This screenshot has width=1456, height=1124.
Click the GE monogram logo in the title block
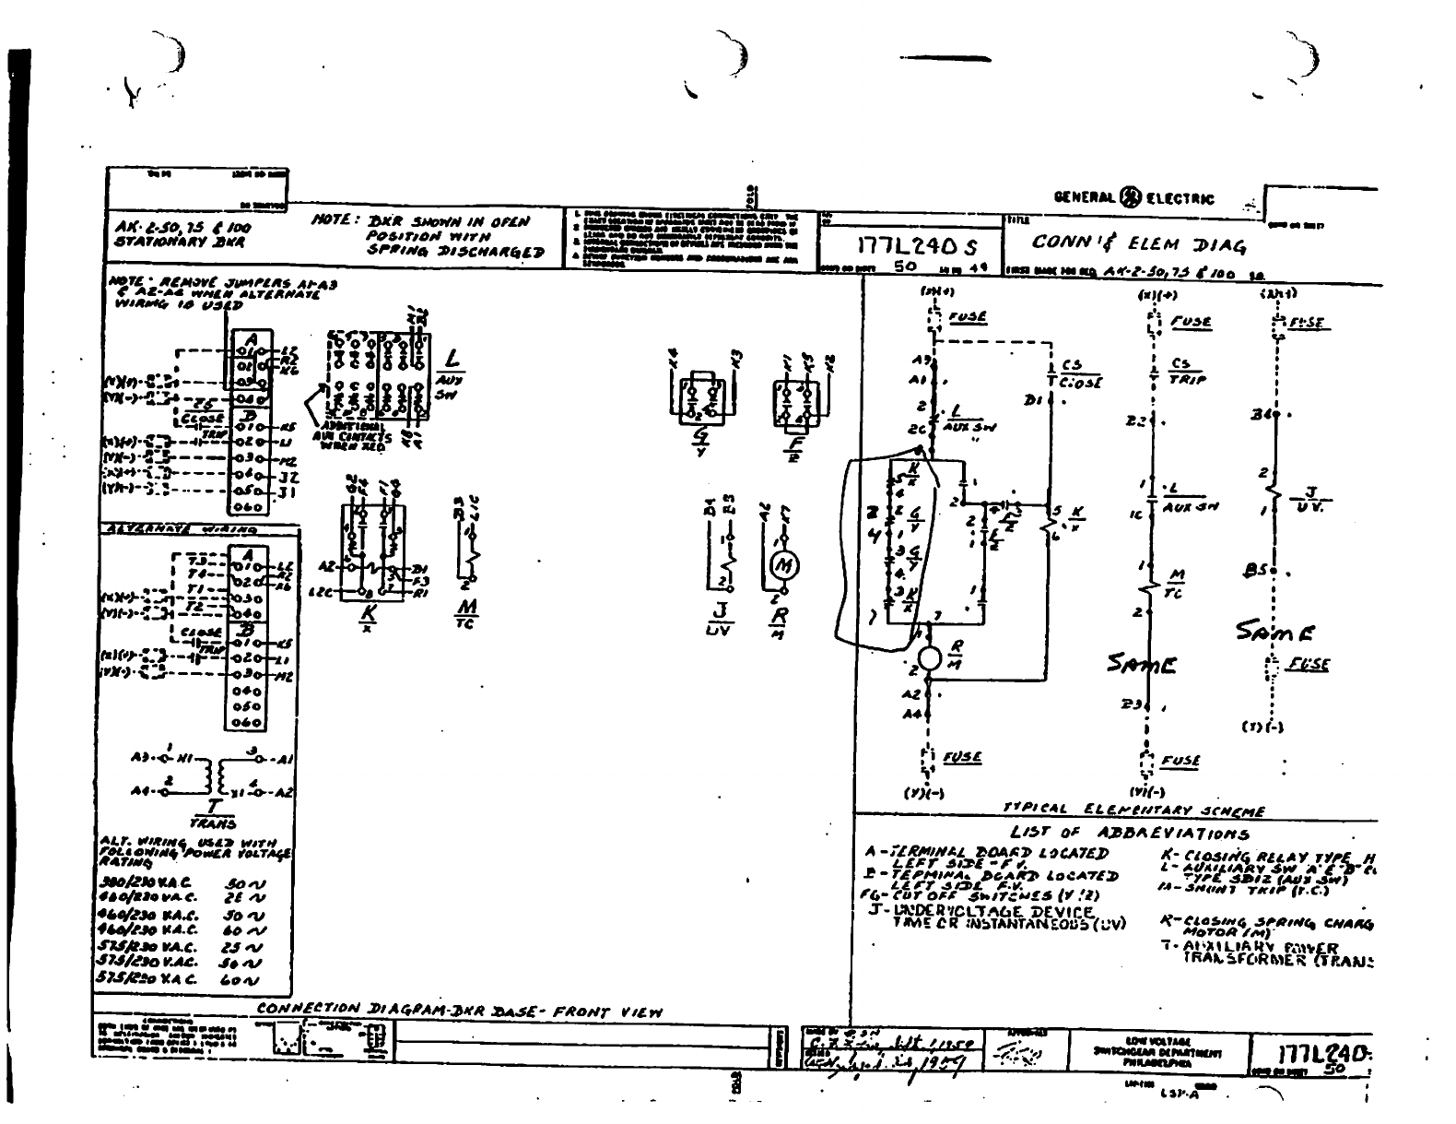pos(1130,197)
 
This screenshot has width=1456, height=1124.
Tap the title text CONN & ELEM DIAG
pos(1139,244)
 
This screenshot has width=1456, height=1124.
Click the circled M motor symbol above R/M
pos(785,566)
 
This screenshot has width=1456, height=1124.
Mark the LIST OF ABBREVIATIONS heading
pos(1130,833)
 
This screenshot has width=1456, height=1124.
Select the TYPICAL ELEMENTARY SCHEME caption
pos(1133,810)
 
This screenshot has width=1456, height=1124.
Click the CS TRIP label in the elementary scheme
pos(1187,371)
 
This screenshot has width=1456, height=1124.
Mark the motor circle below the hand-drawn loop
pos(930,658)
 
